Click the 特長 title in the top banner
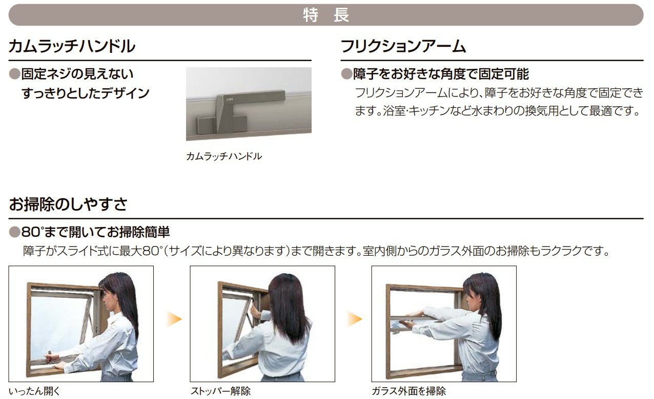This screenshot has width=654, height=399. point(326,14)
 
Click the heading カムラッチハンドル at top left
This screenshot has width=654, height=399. point(72,46)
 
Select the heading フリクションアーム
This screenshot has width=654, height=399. point(403,46)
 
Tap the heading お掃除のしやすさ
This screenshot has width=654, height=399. point(68,204)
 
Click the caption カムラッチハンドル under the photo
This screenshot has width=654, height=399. point(224,157)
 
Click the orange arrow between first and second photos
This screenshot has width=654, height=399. point(174,319)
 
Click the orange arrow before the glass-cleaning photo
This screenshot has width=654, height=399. point(355,319)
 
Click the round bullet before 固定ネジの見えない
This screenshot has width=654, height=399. point(14,74)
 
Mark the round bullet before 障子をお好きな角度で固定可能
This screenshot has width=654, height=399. point(346,74)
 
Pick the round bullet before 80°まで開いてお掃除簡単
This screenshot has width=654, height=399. point(14,232)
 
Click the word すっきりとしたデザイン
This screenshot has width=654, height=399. point(86,93)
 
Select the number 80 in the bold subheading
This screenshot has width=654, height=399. point(31,232)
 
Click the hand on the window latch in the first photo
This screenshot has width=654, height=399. point(50,358)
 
